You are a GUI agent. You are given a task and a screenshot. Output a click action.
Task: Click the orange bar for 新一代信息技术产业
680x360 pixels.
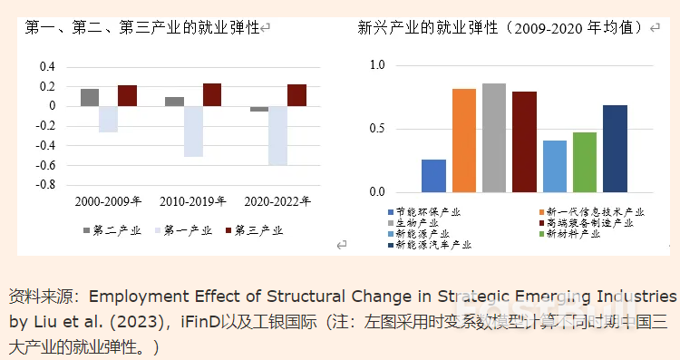click(x=463, y=141)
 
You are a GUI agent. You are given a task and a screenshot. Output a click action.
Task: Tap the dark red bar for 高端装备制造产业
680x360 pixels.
click(x=524, y=142)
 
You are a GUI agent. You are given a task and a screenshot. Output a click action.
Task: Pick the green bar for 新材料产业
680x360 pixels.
click(x=585, y=162)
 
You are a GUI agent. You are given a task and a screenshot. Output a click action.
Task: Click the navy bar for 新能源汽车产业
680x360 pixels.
click(x=615, y=149)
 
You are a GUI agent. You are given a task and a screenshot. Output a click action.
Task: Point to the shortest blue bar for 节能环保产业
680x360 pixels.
click(x=433, y=176)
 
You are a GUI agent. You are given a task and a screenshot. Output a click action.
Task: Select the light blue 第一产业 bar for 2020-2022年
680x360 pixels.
click(x=277, y=135)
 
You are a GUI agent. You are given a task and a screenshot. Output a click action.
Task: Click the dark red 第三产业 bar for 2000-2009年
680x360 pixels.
click(x=127, y=95)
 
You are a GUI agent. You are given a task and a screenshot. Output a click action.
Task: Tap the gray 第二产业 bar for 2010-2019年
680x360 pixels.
click(x=174, y=102)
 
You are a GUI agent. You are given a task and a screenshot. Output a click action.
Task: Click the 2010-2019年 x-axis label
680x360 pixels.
click(x=191, y=200)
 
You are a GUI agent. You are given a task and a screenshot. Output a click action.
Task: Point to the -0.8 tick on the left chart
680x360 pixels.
click(x=44, y=184)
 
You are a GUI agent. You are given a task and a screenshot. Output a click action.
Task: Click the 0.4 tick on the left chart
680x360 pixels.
click(x=47, y=67)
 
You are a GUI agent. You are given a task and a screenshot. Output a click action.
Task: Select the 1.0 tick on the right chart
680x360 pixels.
click(x=377, y=65)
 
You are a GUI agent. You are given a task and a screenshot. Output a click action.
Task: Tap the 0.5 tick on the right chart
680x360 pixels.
click(x=377, y=129)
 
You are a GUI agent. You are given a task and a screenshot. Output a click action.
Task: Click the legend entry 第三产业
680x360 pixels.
click(x=257, y=230)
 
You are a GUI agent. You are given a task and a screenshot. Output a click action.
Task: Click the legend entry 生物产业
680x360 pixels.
click(x=416, y=223)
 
